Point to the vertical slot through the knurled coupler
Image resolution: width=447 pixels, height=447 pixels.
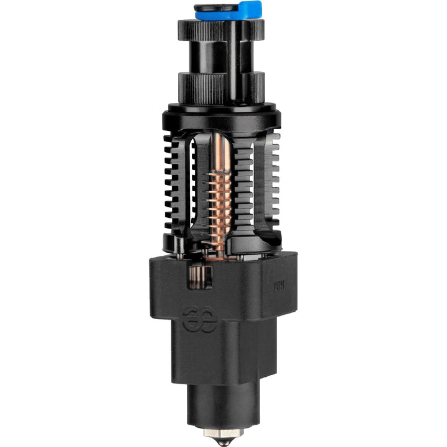[234, 59]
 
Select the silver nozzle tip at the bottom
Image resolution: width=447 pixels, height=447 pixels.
[223, 437]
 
